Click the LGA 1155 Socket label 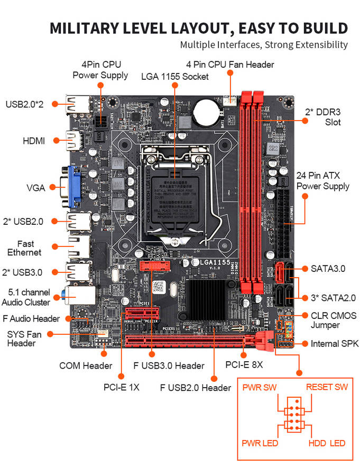pos(175,76)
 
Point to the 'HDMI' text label pos(34,141)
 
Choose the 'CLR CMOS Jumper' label pos(333,320)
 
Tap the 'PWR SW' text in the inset pos(260,387)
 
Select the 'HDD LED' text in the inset pos(327,443)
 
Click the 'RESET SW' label pos(327,387)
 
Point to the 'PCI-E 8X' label pos(244,365)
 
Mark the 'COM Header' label pos(86,365)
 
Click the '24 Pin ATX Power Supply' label pos(322,181)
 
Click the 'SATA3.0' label pos(328,269)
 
